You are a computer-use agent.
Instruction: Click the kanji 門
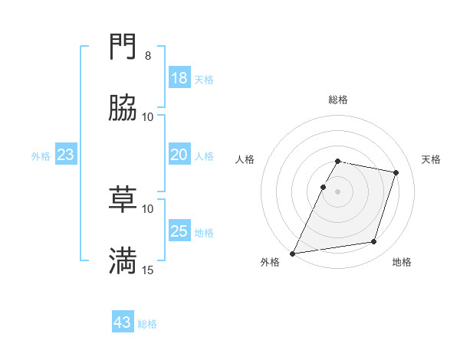coord(123,48)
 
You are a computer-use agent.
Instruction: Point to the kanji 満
coord(123,261)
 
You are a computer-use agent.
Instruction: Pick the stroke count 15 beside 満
coord(148,270)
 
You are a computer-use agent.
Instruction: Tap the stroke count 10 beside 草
coord(148,208)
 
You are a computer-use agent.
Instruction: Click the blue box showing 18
coord(179,78)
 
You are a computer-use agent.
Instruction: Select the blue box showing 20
coord(179,155)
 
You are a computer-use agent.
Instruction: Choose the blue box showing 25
coord(179,231)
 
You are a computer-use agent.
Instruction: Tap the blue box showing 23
coord(65,155)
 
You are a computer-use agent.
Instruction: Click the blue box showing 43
coord(122,322)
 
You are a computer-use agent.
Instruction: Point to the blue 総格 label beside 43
coord(147,324)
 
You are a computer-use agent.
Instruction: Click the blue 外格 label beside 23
coord(41,156)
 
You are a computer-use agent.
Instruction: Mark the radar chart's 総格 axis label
coord(338,100)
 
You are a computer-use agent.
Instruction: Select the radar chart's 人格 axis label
coord(245,159)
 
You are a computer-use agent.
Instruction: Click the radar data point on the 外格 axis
coord(293,253)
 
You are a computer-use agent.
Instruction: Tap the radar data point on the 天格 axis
coord(396,173)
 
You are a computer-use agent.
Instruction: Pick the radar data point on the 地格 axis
coord(374,242)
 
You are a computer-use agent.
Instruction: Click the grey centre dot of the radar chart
coord(338,191)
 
